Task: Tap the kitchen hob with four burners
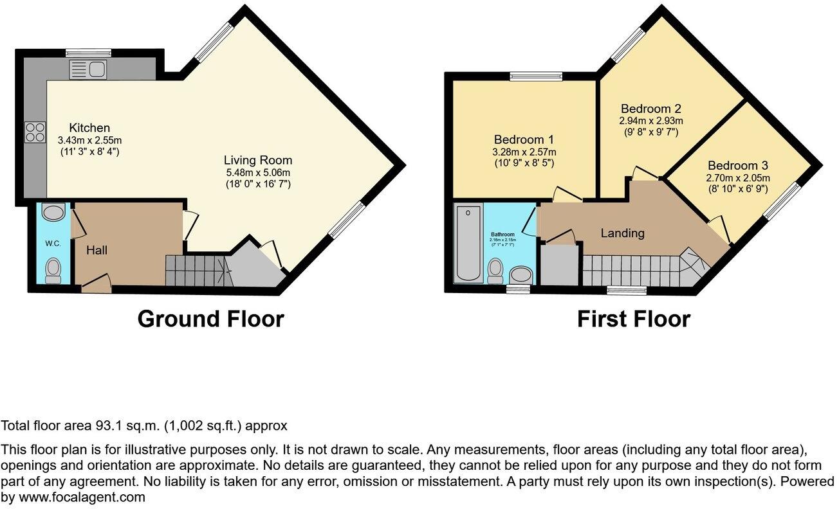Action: [35, 132]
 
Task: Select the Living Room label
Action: [258, 160]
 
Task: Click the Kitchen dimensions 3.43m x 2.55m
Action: [89, 140]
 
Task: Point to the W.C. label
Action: [52, 244]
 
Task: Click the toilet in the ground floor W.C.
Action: [53, 270]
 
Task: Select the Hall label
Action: [97, 249]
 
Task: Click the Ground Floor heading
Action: [210, 319]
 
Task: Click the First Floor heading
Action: [633, 319]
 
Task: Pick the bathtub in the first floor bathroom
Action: [468, 244]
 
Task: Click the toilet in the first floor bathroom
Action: [495, 271]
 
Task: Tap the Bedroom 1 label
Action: [524, 139]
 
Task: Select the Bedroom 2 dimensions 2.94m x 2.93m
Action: [650, 121]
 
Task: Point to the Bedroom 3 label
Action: [739, 165]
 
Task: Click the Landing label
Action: [622, 233]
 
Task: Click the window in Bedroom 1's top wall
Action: [536, 76]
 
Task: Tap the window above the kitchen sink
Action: [89, 53]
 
